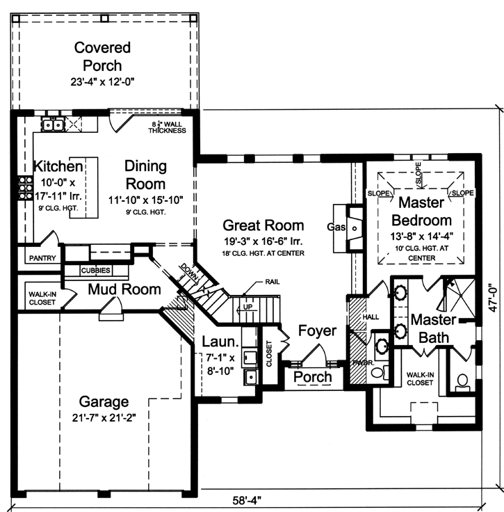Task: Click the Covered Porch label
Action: [103, 56]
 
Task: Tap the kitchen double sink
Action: [53, 125]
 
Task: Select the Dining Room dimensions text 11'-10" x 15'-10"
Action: [145, 198]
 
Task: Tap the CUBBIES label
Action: [95, 270]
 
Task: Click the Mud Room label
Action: [124, 289]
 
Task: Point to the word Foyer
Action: [316, 330]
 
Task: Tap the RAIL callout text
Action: [273, 282]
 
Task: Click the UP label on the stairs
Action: [247, 306]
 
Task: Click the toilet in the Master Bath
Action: [462, 381]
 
